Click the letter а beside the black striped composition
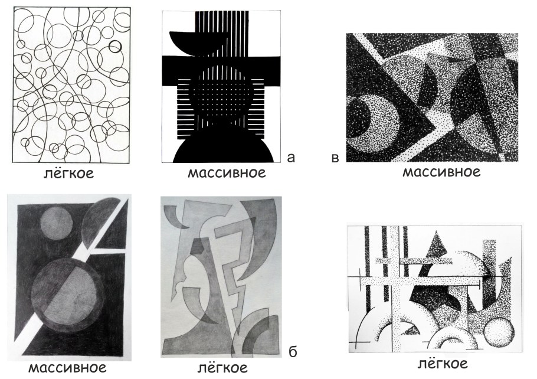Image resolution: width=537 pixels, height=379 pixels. (290, 158)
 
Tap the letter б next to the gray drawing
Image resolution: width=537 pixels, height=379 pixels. (293, 351)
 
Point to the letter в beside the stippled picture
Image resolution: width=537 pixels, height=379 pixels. (335, 158)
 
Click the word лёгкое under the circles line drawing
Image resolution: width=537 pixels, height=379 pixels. (68, 173)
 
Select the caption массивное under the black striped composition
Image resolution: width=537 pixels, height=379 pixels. (227, 173)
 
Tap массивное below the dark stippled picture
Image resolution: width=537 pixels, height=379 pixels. (441, 172)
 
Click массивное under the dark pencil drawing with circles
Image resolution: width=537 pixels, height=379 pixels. (67, 368)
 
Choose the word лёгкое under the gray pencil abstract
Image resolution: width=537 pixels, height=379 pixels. (222, 368)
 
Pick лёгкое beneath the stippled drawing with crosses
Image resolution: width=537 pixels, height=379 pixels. (443, 363)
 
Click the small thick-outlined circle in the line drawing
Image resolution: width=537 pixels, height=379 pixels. (115, 46)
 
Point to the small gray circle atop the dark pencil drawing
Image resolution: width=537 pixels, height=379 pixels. (57, 224)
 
